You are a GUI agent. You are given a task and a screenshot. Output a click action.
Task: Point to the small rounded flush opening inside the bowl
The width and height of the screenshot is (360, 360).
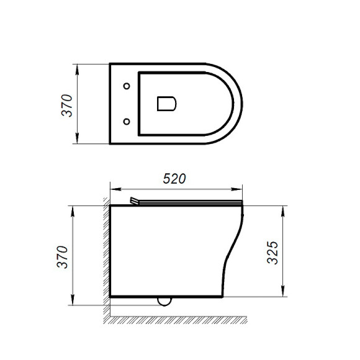point(168,103)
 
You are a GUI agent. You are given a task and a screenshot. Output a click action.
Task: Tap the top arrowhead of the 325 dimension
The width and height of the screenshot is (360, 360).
point(286,209)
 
